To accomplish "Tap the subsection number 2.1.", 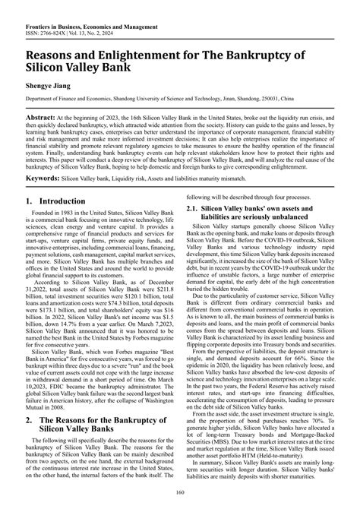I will coord(193,207).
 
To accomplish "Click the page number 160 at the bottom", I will coord(180,497).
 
